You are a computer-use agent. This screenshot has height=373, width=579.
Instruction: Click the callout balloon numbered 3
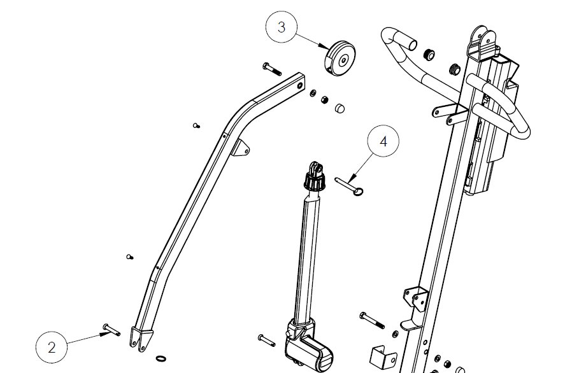point(282,27)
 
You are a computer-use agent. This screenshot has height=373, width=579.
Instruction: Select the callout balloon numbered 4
point(383,141)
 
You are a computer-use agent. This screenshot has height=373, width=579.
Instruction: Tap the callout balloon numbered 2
point(52,347)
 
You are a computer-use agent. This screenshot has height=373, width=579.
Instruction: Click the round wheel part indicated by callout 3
point(340,59)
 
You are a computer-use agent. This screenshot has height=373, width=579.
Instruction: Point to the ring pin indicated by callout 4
point(349,186)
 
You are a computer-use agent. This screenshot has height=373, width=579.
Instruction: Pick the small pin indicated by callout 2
point(111,330)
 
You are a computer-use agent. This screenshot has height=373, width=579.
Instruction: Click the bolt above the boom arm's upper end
point(272,69)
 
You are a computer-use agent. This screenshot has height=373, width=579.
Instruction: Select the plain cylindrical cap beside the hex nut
point(340,108)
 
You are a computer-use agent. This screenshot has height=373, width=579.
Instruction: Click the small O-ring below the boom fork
point(161,358)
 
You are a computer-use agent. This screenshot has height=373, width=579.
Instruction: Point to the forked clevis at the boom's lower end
point(141,339)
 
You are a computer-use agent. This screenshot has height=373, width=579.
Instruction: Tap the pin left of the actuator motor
point(267,340)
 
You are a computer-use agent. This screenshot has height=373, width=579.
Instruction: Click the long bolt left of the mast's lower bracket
point(372,320)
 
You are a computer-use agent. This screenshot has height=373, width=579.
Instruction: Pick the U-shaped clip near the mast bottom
point(383,356)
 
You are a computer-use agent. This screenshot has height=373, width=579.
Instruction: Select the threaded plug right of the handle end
point(429,55)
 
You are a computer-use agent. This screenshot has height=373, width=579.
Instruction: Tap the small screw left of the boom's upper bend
point(196,126)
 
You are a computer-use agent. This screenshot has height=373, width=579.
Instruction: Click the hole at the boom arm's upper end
point(300,85)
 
